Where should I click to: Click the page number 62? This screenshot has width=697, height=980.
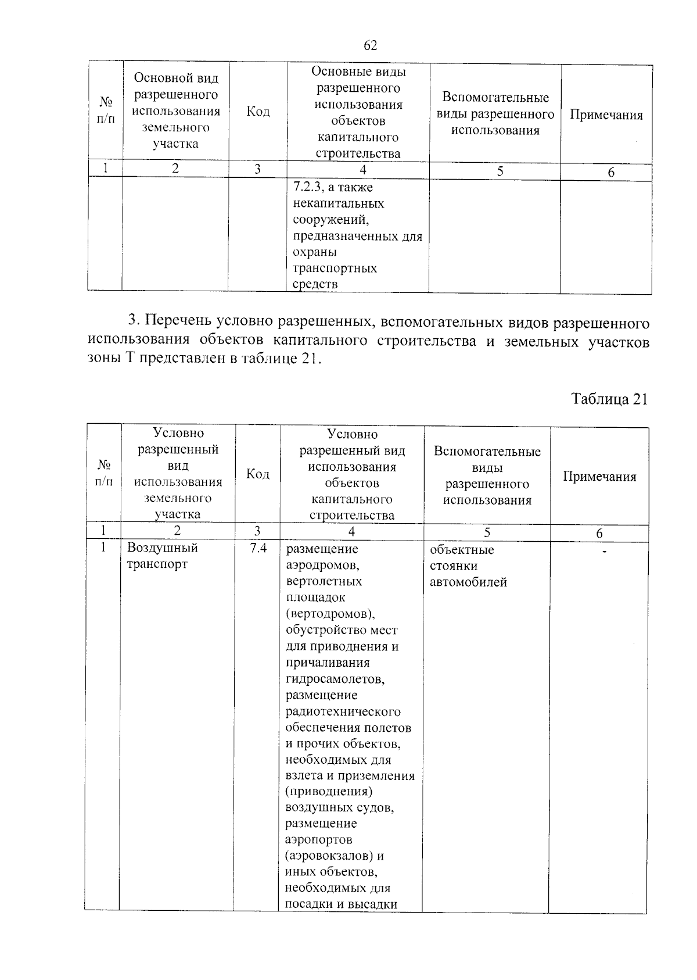click(370, 45)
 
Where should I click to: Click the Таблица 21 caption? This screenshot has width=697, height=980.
click(609, 399)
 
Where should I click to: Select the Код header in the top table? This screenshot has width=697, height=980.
click(258, 112)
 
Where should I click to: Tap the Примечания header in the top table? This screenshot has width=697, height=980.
click(606, 115)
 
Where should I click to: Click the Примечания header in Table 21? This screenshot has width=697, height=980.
click(599, 477)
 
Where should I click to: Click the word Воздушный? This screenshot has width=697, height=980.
click(163, 548)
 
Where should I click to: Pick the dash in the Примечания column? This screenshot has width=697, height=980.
click(605, 550)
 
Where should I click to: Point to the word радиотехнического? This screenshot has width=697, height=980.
click(343, 711)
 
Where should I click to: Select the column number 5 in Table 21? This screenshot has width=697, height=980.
click(487, 532)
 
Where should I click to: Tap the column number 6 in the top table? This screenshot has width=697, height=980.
click(610, 173)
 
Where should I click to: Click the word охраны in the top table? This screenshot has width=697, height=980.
click(315, 252)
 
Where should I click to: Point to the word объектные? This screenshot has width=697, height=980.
click(461, 550)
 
